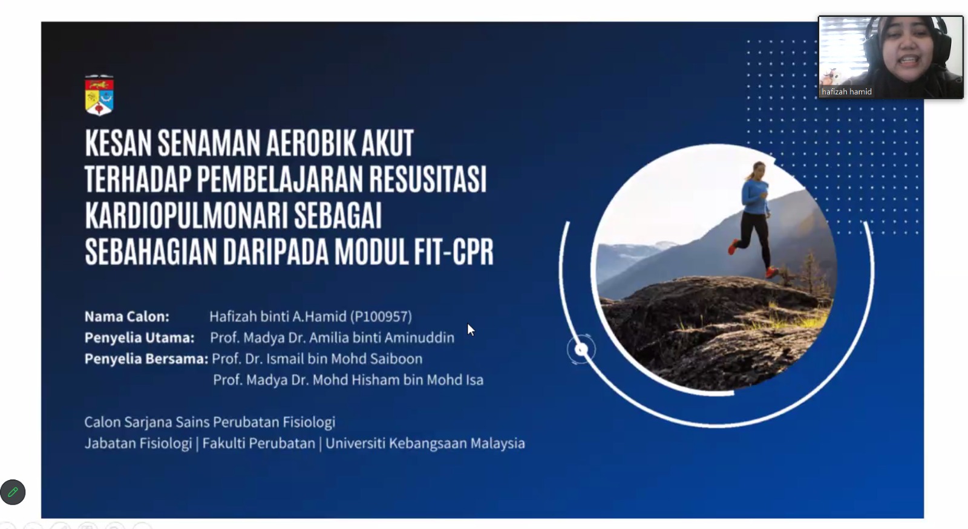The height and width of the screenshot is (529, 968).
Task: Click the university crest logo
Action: pyautogui.click(x=99, y=95)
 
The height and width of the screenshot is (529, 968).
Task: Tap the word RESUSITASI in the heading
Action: pyautogui.click(x=428, y=179)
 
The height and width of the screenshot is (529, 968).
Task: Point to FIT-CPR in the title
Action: pyautogui.click(x=454, y=252)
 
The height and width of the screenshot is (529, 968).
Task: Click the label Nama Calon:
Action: pyautogui.click(x=127, y=317)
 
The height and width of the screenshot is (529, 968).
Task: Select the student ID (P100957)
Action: pyautogui.click(x=381, y=317)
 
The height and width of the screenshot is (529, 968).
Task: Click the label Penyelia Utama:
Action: pyautogui.click(x=140, y=338)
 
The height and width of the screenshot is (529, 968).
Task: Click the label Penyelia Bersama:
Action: pyautogui.click(x=146, y=359)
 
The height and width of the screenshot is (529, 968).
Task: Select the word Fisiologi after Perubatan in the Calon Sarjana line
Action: pyautogui.click(x=309, y=423)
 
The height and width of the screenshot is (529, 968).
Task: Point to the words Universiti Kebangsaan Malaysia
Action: pyautogui.click(x=425, y=444)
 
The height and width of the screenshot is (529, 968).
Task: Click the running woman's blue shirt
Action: pyautogui.click(x=755, y=197)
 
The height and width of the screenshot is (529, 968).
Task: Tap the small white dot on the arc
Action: pyautogui.click(x=581, y=349)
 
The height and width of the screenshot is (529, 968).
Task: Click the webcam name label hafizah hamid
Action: pyautogui.click(x=846, y=91)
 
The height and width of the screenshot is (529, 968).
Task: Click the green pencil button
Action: pyautogui.click(x=13, y=492)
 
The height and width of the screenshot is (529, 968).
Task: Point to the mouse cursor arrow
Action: pyautogui.click(x=471, y=329)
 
